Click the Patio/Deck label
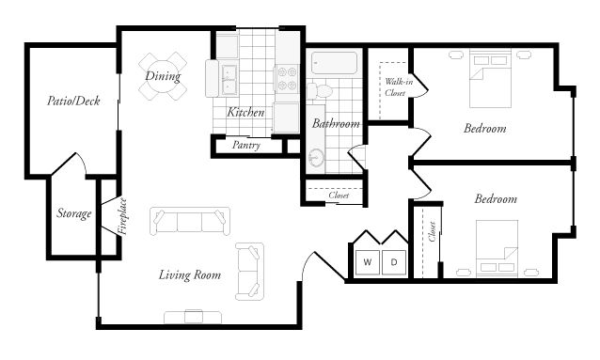click(x=73, y=100)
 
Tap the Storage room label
click(x=74, y=214)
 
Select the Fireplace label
click(x=122, y=217)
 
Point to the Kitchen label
click(x=245, y=113)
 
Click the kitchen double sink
click(x=229, y=80)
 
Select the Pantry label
click(x=245, y=146)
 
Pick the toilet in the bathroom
click(x=318, y=90)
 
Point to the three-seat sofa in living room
click(x=191, y=223)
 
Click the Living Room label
click(x=189, y=275)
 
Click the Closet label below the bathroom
click(x=338, y=196)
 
